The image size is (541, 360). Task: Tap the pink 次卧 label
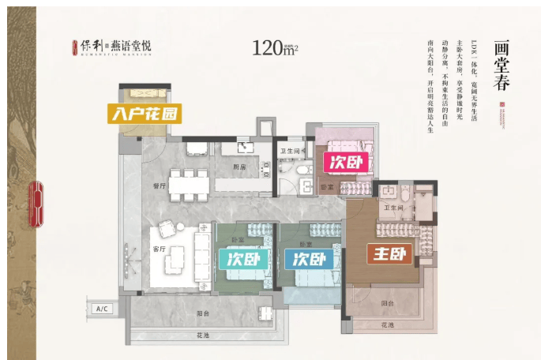[343, 162]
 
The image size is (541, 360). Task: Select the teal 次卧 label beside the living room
[240, 260]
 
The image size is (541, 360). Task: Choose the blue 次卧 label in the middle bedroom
[309, 259]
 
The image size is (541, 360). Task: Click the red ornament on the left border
[35, 204]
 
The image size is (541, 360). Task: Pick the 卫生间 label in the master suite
[393, 208]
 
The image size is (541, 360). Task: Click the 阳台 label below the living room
[202, 313]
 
